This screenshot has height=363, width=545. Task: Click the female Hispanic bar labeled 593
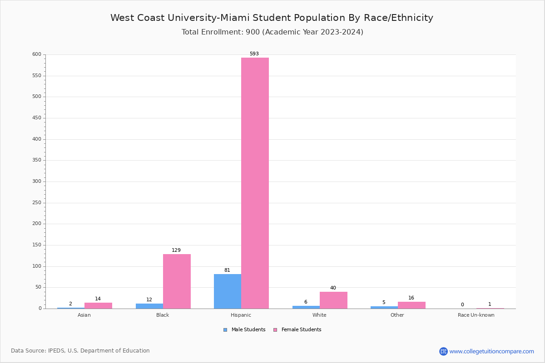click(255, 183)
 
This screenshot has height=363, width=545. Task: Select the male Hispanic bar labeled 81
click(228, 291)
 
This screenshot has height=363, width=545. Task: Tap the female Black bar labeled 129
click(177, 281)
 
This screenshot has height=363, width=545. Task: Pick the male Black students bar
click(149, 306)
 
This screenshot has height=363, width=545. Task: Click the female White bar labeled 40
click(333, 300)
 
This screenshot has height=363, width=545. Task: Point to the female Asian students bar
click(98, 305)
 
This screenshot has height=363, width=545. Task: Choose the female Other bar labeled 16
click(411, 305)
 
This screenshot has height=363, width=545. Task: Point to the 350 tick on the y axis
click(37, 160)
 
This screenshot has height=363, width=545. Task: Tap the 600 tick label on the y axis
click(37, 54)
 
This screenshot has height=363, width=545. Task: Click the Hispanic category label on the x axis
click(241, 315)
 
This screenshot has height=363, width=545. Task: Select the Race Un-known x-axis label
click(476, 315)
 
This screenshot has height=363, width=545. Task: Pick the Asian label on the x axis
click(84, 315)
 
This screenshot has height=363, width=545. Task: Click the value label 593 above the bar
click(254, 54)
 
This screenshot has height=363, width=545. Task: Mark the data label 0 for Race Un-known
click(462, 304)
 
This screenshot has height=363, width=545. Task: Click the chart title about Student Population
click(272, 18)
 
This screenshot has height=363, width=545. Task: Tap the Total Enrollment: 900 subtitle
click(272, 32)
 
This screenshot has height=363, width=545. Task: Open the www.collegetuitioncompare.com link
click(491, 351)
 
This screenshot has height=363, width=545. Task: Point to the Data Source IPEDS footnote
click(80, 351)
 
